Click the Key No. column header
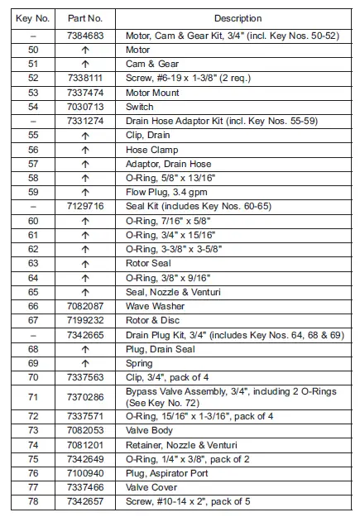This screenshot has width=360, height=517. point(33,17)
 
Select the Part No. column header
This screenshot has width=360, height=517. point(85,17)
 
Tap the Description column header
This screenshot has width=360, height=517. point(237,17)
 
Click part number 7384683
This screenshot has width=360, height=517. point(85,36)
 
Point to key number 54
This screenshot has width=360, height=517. point(33,107)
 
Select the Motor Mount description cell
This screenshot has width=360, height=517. point(152,93)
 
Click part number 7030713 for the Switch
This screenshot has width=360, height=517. point(85,107)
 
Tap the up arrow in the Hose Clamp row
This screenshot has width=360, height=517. point(85,150)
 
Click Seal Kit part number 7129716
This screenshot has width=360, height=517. point(85,207)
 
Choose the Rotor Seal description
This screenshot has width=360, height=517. point(149,264)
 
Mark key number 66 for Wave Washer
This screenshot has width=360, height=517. point(33,306)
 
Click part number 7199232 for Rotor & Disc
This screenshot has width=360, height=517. point(85,320)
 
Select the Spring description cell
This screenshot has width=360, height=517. point(140,363)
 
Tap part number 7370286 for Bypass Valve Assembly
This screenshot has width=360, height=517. point(85,396)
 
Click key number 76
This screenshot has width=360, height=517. point(33,473)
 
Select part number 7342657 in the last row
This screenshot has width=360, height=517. point(85,501)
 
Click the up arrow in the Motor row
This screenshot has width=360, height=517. point(85,50)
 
